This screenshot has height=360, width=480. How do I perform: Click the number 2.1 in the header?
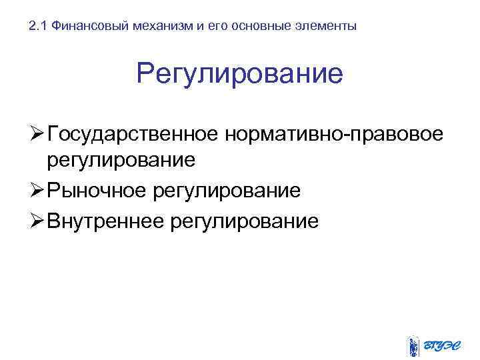point(39,27)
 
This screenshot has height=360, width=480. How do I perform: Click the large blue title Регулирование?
point(239,74)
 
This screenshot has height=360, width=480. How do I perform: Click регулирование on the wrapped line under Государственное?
point(120,161)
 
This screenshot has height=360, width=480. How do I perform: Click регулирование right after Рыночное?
point(227,191)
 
